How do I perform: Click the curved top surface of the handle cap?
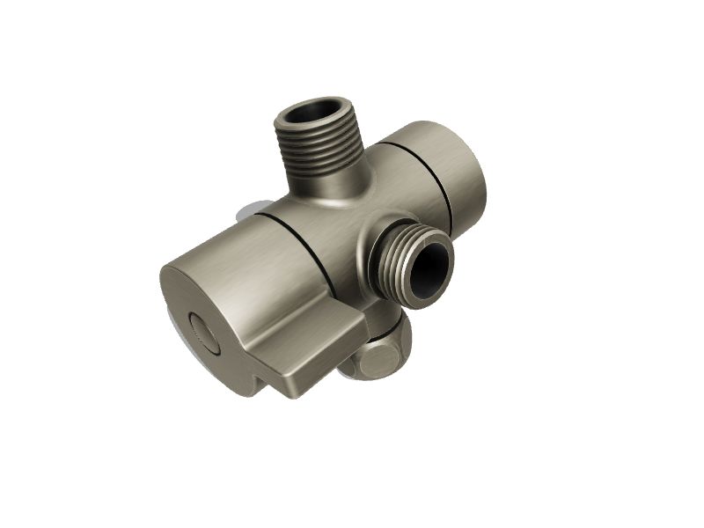238,255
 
